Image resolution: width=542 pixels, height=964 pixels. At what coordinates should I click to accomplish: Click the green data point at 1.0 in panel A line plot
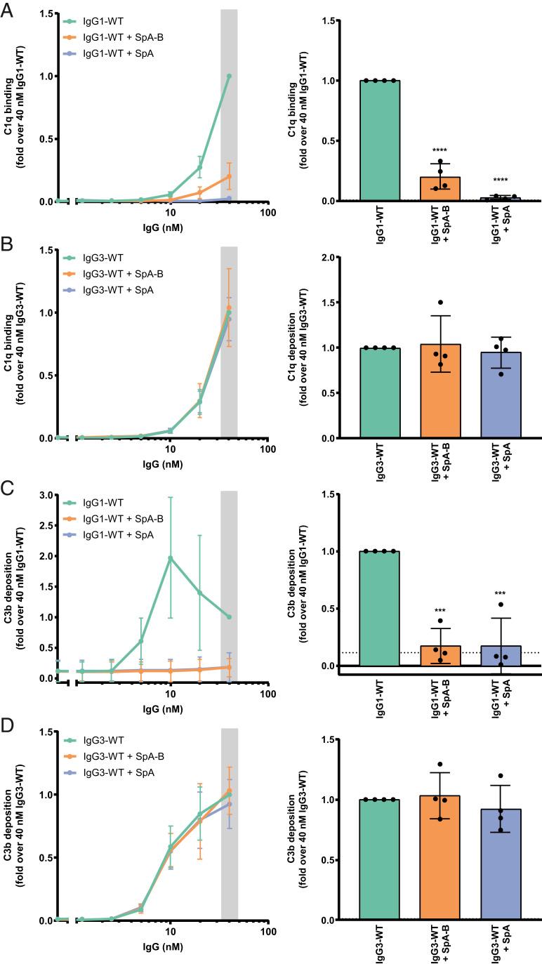(x=229, y=76)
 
